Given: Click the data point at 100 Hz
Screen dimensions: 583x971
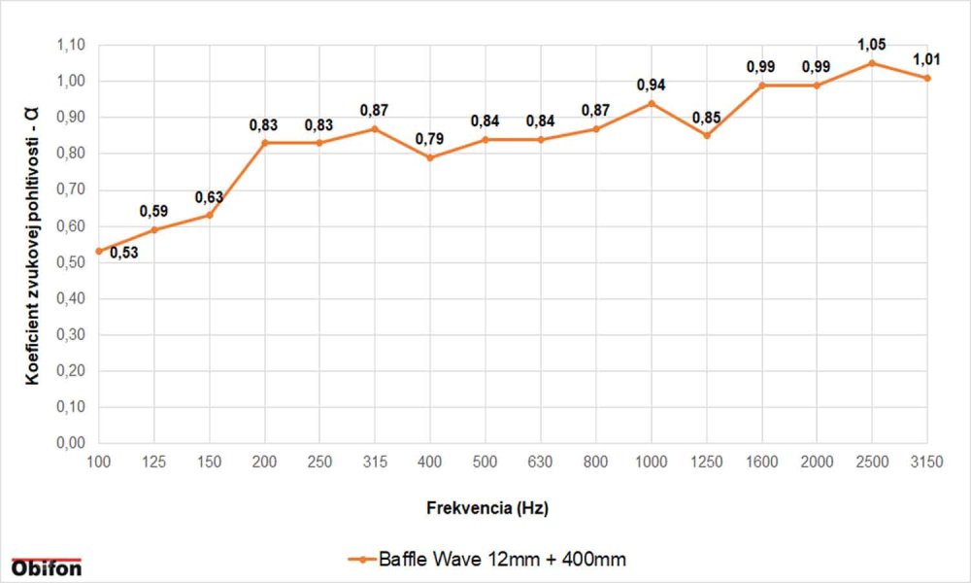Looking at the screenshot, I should (98, 251).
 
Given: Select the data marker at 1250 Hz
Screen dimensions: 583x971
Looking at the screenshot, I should (707, 135).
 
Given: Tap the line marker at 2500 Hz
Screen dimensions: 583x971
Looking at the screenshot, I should (872, 62).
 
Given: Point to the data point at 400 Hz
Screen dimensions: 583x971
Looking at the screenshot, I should (430, 157).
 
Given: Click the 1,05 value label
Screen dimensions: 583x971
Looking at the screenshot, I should (872, 44).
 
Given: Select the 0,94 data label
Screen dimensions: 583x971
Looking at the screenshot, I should (652, 85).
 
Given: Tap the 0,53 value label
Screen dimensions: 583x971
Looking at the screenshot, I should (123, 254).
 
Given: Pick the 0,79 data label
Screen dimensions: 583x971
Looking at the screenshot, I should (430, 138).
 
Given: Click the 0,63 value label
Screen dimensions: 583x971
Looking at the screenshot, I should (209, 197).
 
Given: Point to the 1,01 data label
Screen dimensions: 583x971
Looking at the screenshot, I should (927, 59).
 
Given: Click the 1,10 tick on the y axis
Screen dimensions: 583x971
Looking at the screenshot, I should (72, 45).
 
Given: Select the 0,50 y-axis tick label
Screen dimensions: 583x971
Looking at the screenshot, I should (72, 262).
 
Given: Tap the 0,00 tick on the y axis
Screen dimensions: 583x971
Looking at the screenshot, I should (72, 443).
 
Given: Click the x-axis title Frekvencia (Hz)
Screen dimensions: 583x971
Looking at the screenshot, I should (494, 507).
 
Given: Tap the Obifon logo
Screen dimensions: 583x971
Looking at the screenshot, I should (46, 566).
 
